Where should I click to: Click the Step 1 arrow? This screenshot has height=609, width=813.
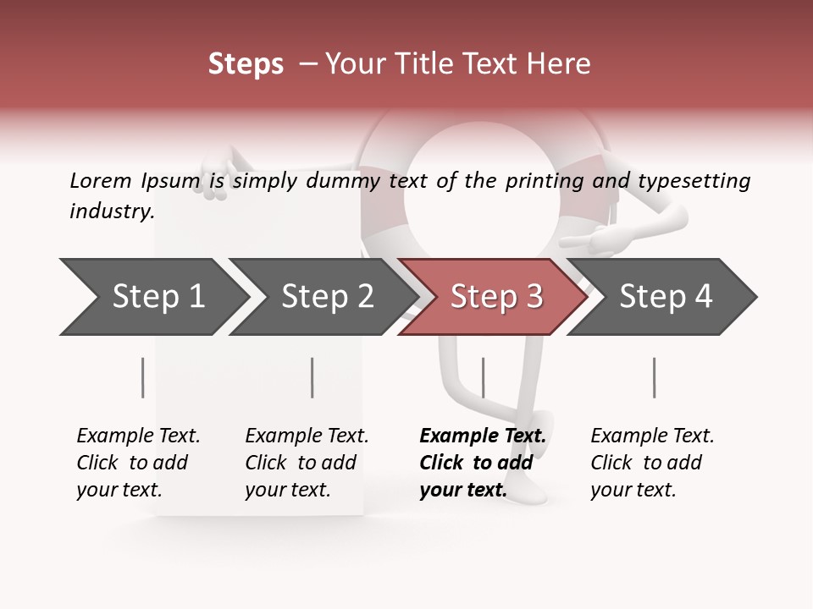click(x=158, y=297)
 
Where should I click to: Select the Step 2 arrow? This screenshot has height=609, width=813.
click(x=327, y=297)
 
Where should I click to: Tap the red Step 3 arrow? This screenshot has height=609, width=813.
click(x=496, y=297)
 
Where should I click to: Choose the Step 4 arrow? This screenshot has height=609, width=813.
click(x=666, y=297)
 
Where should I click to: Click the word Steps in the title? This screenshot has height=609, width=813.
click(x=246, y=64)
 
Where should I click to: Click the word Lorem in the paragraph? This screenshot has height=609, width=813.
click(x=101, y=180)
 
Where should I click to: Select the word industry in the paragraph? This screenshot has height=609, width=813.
click(x=112, y=211)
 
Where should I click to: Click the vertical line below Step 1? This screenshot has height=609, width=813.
click(x=143, y=377)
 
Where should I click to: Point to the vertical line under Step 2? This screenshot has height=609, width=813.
click(x=312, y=377)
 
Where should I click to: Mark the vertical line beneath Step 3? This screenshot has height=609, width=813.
click(x=483, y=377)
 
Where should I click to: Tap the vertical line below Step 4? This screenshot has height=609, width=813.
click(x=654, y=377)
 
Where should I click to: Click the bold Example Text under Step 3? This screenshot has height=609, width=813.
click(x=483, y=436)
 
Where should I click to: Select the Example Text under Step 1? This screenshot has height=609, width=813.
click(x=138, y=436)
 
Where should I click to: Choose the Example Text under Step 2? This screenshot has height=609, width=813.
click(x=307, y=436)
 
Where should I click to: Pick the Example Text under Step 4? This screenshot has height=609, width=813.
click(x=652, y=436)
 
